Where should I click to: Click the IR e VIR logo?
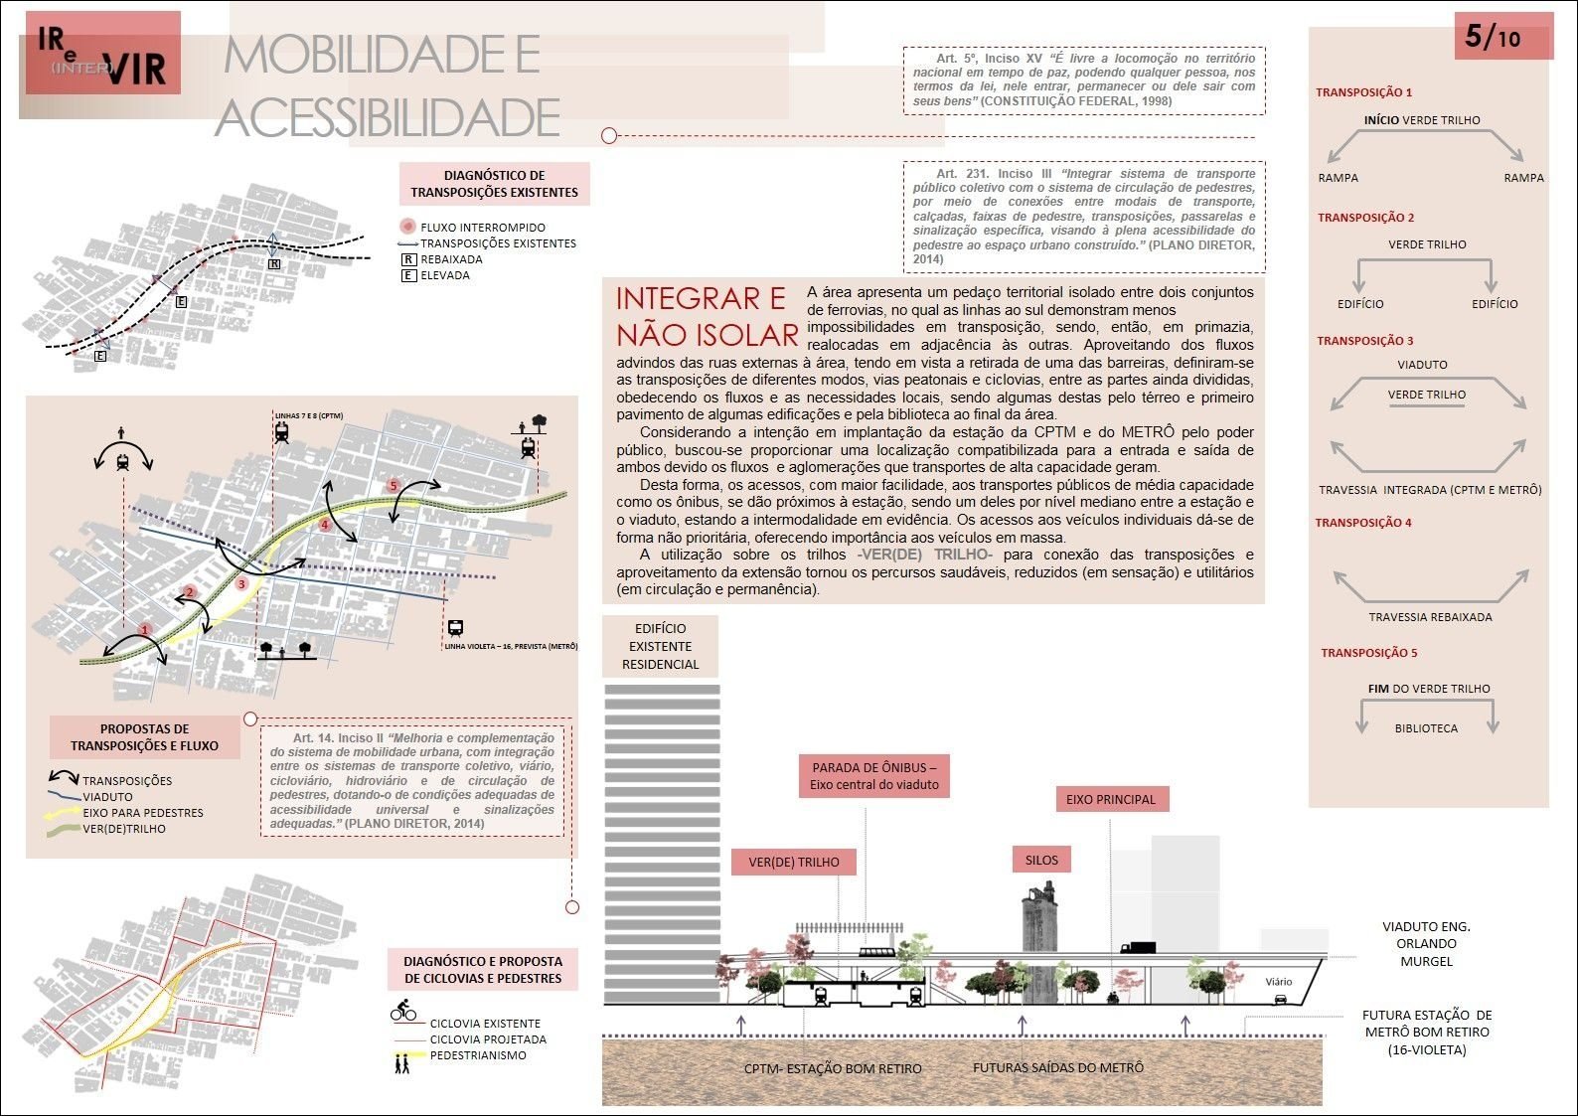coord(102,55)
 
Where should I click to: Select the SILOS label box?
coord(1041,861)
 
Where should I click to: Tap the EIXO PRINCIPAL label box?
coord(1111,799)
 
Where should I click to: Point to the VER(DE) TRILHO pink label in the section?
coord(793,862)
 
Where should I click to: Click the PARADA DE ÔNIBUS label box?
coord(873,775)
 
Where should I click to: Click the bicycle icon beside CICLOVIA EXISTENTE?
coord(403,1013)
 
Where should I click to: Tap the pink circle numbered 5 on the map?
coord(394,486)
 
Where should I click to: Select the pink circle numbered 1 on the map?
coord(145,629)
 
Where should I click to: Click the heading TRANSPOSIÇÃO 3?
coord(1364,341)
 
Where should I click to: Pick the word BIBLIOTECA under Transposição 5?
coord(1426,728)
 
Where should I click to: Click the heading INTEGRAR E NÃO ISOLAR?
coord(707,316)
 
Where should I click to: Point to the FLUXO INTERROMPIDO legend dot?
coord(407,227)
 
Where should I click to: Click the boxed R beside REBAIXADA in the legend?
coord(407,259)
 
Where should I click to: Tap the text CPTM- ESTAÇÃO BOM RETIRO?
coord(833,1069)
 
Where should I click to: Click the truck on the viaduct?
coord(1137,948)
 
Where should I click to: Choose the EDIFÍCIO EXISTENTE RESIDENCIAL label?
coord(660,646)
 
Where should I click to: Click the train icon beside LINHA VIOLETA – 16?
coord(455,628)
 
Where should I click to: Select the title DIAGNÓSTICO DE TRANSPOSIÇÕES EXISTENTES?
coord(494,184)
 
